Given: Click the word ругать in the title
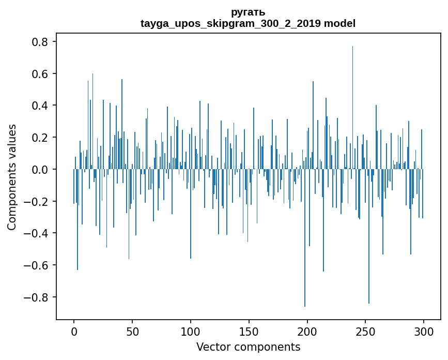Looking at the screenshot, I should pos(248,12).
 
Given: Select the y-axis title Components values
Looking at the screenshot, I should pos(12,177).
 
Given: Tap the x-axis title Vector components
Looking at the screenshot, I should pos(248,347).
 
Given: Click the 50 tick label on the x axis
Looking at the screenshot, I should pos(132,331).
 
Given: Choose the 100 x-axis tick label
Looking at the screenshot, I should pos(191,331).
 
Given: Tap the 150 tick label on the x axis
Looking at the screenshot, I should pos(249,331).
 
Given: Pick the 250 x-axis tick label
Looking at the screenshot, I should pos(366,331).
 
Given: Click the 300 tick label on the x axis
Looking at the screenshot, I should pos(424,331).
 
